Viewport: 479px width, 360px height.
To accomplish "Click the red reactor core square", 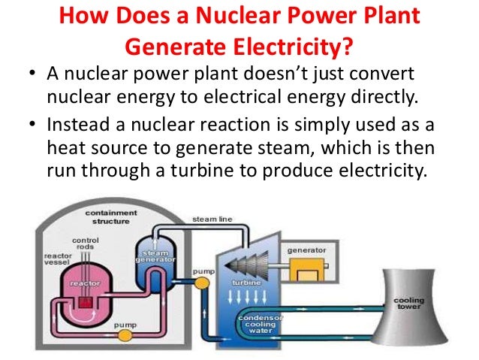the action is pyautogui.click(x=85, y=301).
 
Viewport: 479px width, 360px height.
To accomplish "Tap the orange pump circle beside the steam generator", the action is pyautogui.click(x=201, y=283).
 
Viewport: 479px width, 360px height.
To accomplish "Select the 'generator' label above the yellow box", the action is pyautogui.click(x=306, y=249).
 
